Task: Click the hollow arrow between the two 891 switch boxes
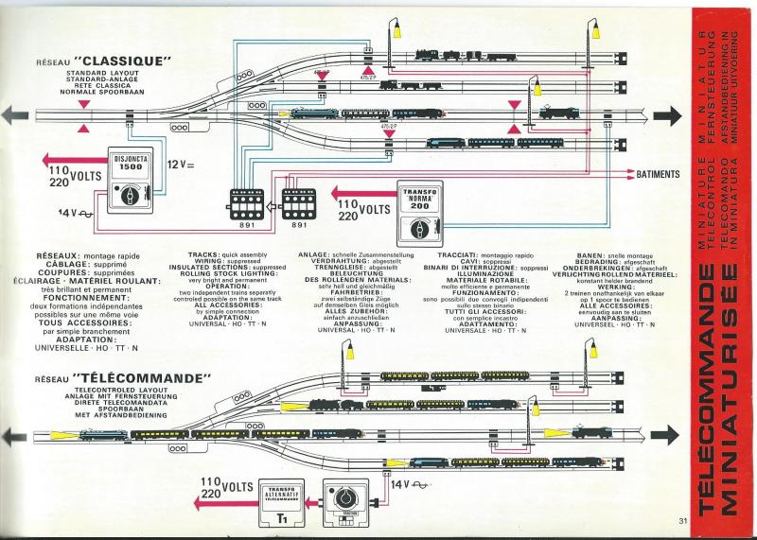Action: (272, 203)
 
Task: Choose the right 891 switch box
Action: (298, 203)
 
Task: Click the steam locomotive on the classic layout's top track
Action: (427, 56)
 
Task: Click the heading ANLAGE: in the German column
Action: (315, 255)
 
